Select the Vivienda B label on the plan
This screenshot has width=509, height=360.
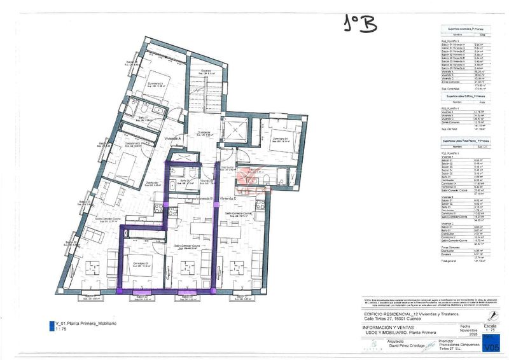pos(204,199)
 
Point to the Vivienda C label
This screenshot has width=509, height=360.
pos(228,199)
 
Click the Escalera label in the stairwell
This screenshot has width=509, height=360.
pos(206,70)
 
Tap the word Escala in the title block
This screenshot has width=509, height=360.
pos(491,324)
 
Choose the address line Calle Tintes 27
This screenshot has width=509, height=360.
pos(395,319)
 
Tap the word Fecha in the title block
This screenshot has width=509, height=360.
pos(469,324)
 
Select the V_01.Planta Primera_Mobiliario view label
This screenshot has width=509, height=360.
pos(85,324)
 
